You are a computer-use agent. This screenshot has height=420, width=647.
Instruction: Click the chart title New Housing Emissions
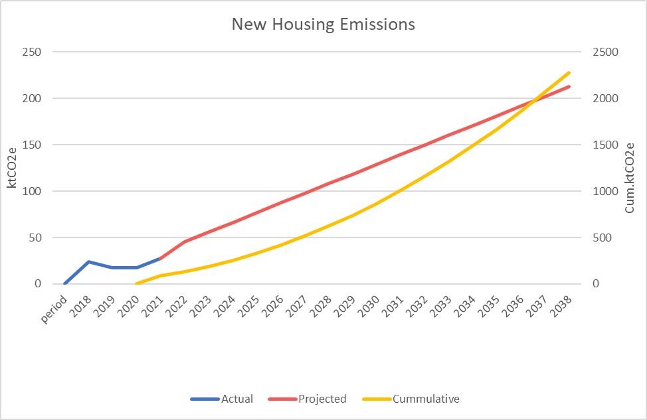[323, 25]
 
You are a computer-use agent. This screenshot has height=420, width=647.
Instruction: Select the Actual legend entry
[236, 399]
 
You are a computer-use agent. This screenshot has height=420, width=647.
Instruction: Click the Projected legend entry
[322, 399]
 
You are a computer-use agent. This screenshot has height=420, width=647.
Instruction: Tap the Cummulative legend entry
[426, 399]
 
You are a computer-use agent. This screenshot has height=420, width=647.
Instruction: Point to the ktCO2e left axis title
[12, 169]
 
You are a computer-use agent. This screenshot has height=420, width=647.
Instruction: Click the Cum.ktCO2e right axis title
[630, 178]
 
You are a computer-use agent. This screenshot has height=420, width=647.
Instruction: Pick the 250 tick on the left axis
[32, 52]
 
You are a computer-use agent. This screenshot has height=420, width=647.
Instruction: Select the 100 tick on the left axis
[32, 191]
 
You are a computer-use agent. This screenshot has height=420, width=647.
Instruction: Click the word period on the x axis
[55, 307]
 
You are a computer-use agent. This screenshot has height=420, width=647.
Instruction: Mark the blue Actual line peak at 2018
[88, 261]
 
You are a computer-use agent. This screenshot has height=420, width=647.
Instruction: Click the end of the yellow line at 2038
[569, 72]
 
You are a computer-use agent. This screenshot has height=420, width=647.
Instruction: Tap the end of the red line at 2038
[569, 86]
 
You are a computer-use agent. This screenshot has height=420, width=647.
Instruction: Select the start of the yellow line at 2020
[136, 283]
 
